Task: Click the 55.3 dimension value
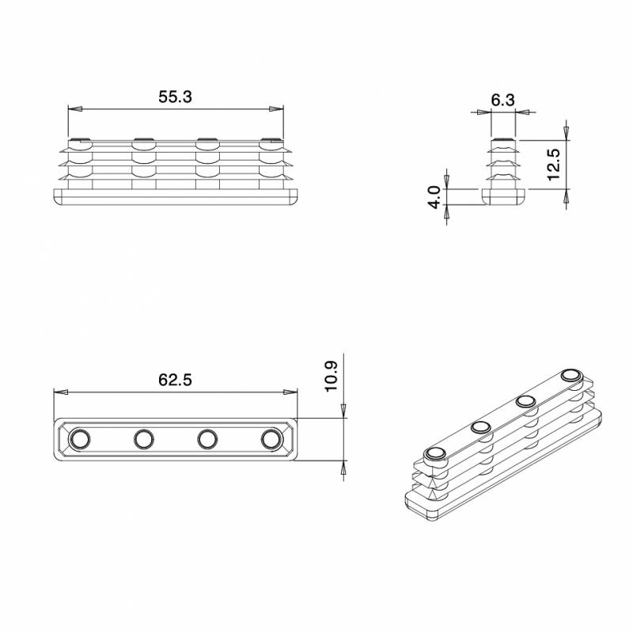pos(176,97)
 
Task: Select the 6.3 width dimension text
pos(502,100)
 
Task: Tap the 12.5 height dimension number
pos(553,164)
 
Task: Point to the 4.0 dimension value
pos(434,196)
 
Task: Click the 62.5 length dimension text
pos(176,380)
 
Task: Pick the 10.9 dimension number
pos(332,377)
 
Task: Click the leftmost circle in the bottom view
pos(80,438)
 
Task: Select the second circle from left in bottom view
pos(144,438)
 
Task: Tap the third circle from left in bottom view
pos(207,438)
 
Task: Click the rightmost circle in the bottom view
pos(271,438)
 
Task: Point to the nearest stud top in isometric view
pos(434,453)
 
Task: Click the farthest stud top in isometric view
pos(570,375)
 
